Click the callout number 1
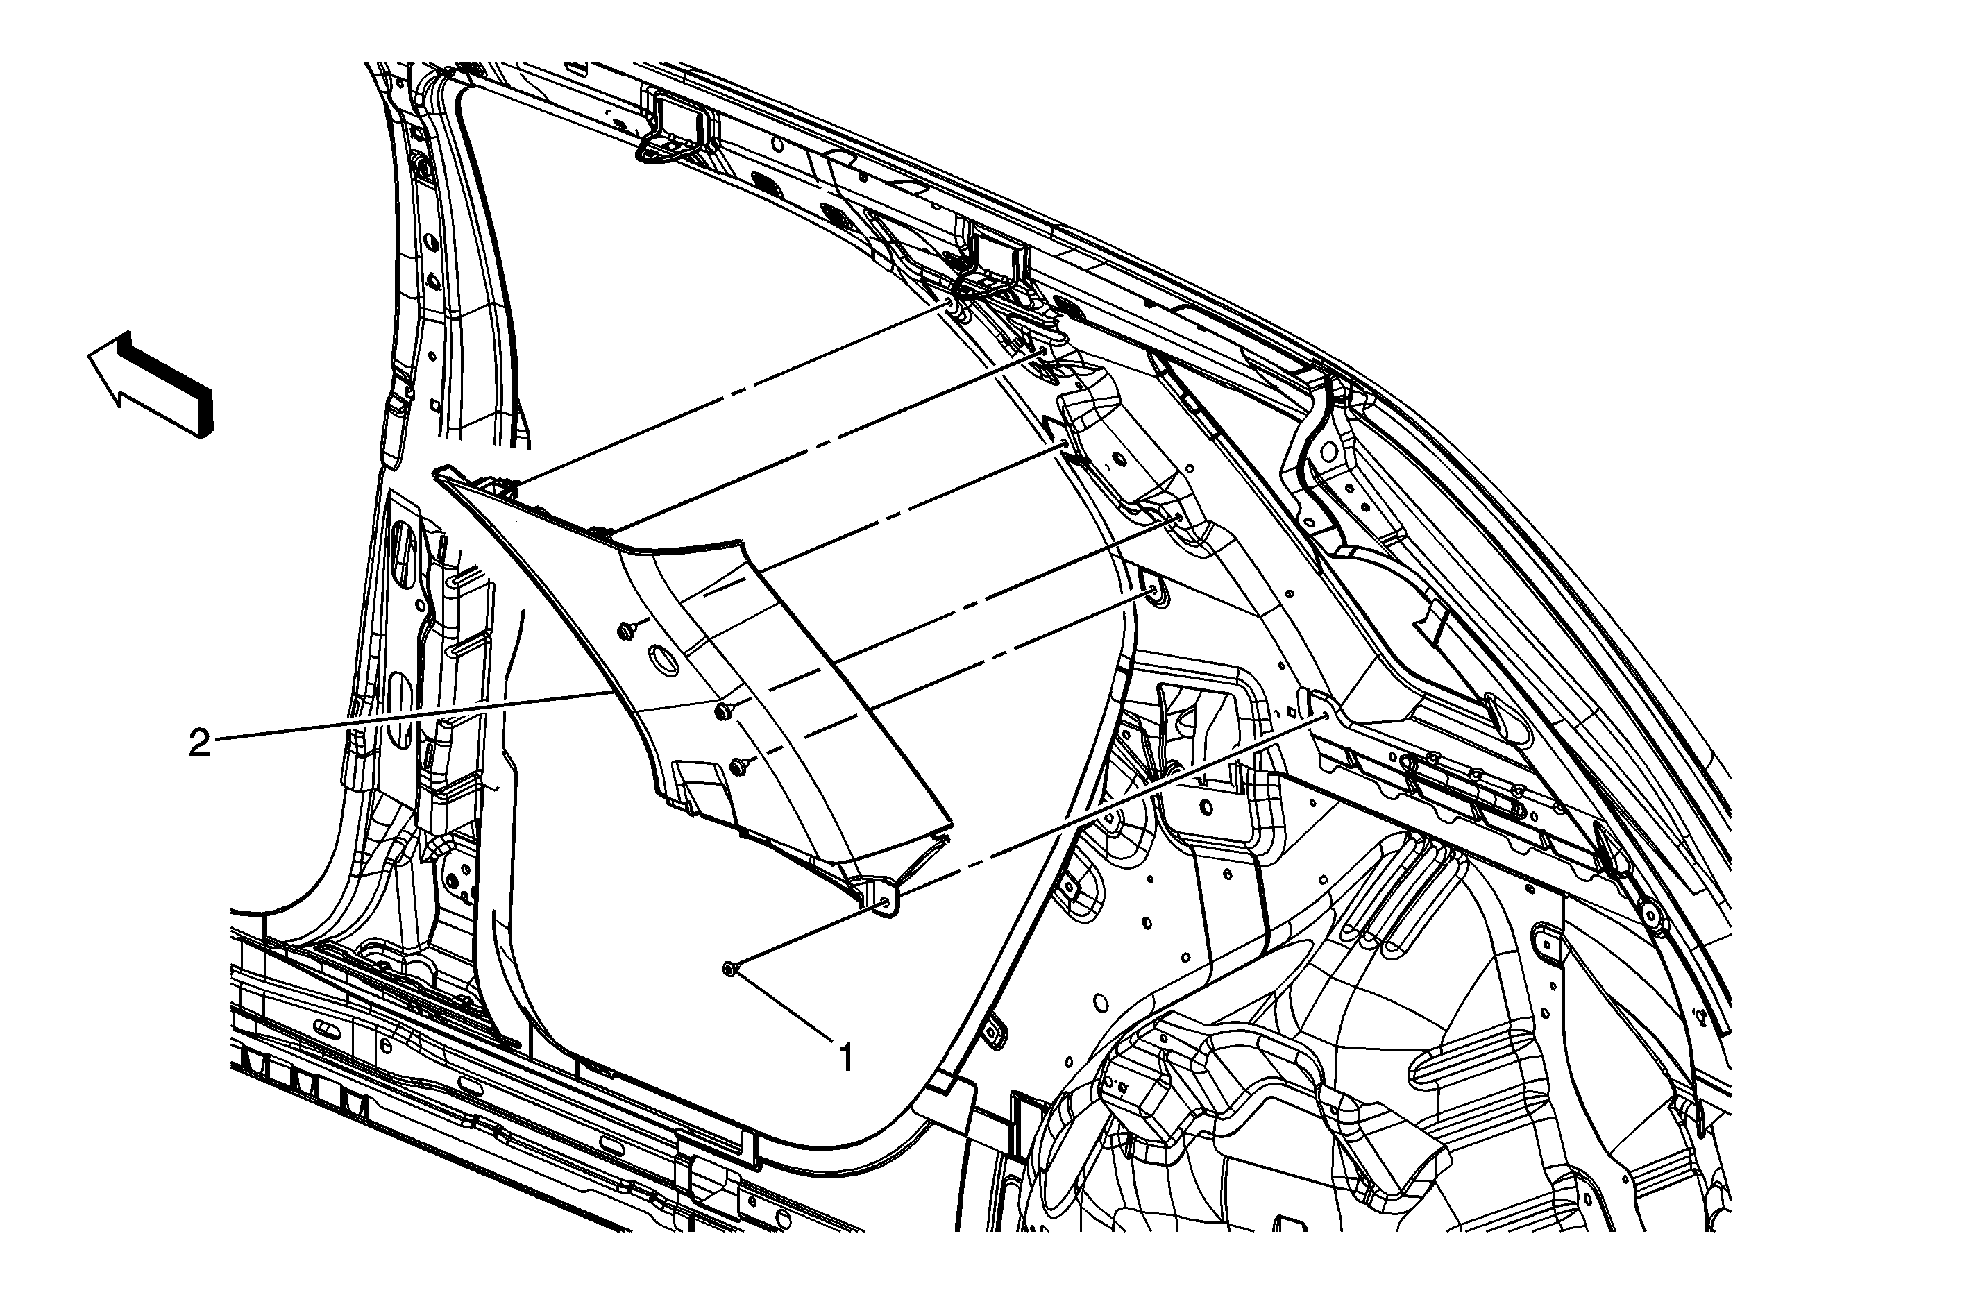846,1058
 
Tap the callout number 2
199,743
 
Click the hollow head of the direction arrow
112,373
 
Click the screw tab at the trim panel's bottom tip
884,901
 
